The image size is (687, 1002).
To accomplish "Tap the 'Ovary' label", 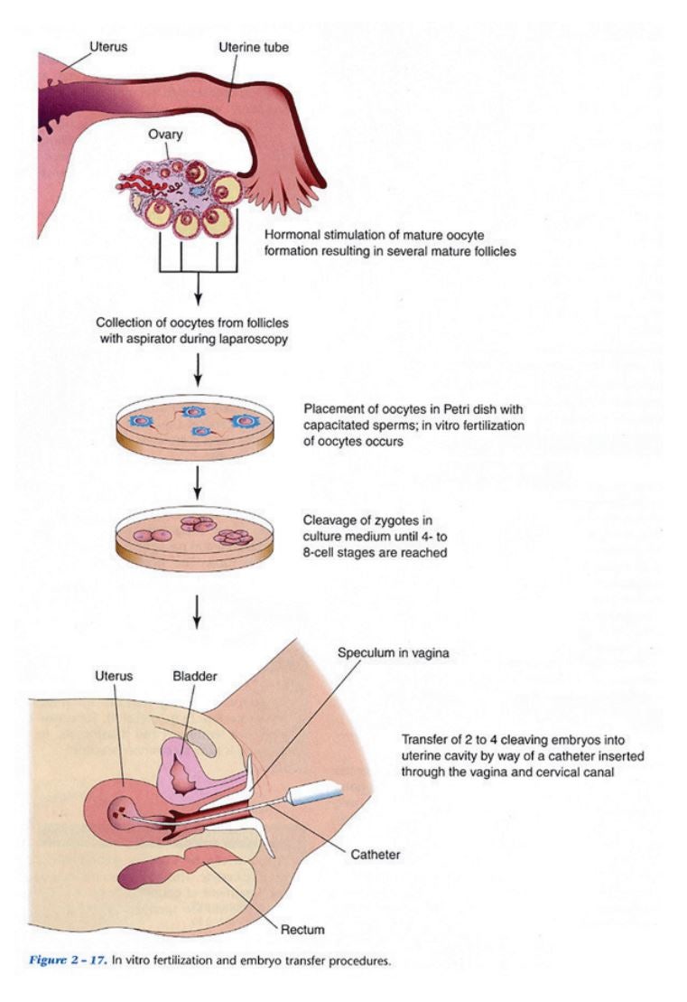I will pyautogui.click(x=166, y=136).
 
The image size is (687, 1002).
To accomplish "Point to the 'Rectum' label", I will pyautogui.click(x=302, y=928).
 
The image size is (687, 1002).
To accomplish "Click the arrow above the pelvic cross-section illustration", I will pyautogui.click(x=196, y=612).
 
